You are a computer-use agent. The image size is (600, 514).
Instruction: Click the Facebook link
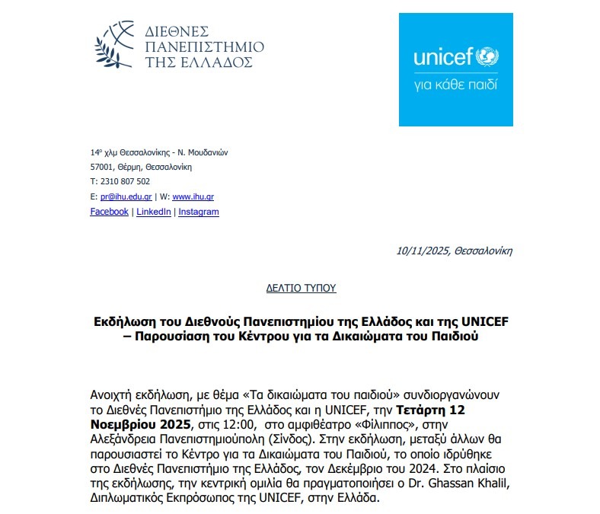[x=109, y=212]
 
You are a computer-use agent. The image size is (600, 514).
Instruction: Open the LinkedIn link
[x=153, y=212]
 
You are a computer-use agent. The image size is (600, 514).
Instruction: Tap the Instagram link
[x=198, y=212]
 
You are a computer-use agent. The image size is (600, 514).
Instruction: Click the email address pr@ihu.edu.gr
[x=124, y=196]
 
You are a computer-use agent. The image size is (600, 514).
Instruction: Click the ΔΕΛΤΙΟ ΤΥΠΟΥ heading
[x=301, y=289]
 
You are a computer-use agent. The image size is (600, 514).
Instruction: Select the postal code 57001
[x=101, y=167]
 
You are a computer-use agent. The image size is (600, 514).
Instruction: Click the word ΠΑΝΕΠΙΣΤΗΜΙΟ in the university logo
[x=203, y=46]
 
